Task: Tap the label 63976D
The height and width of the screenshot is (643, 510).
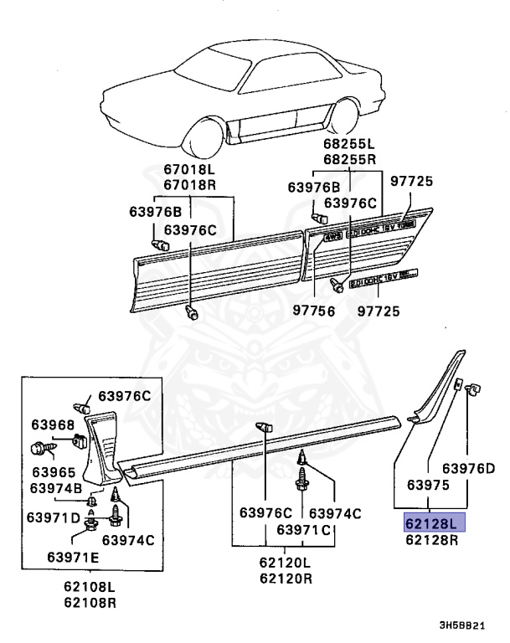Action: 469,468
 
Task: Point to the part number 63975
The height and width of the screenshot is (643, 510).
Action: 430,485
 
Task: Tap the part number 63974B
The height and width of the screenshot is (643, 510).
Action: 55,487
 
